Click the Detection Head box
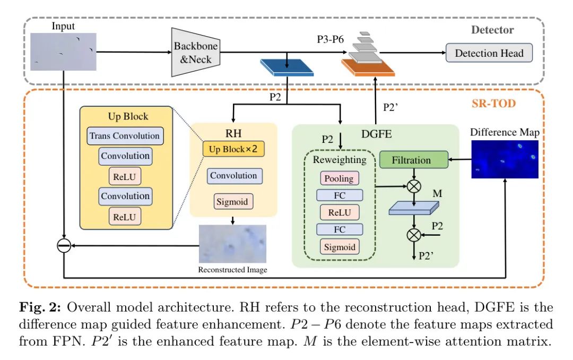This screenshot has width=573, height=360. click(489, 53)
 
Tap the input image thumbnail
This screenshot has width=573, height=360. click(64, 52)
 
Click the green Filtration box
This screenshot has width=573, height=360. click(411, 160)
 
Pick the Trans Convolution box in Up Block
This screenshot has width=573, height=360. click(125, 136)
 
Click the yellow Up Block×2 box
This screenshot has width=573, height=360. click(233, 149)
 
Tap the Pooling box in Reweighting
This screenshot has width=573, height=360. click(339, 178)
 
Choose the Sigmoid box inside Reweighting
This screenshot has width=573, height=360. click(339, 247)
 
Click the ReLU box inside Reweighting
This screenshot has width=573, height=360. click(339, 212)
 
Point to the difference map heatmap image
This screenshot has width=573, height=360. click(504, 159)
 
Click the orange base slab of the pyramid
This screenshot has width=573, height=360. click(368, 68)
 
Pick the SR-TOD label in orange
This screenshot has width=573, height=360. click(494, 104)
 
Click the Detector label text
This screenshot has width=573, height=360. click(492, 30)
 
